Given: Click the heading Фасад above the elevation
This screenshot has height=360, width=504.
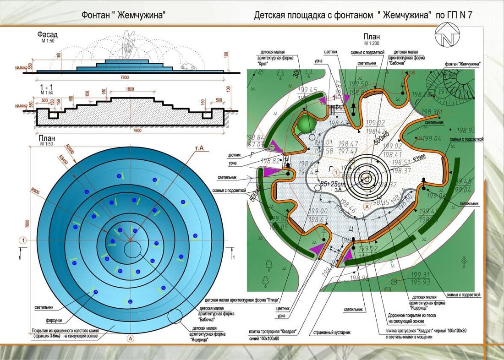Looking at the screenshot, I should pos(47,35).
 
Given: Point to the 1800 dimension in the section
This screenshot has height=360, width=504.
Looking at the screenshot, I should pos(130,89).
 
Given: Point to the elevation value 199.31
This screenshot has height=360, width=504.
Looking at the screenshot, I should pos(420,275).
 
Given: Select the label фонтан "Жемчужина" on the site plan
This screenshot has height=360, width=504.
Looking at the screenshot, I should pos(462,64).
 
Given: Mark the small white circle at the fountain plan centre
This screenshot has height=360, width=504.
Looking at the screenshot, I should pos(133,248).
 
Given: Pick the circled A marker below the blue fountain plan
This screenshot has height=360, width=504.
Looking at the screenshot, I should pos(131,339).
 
